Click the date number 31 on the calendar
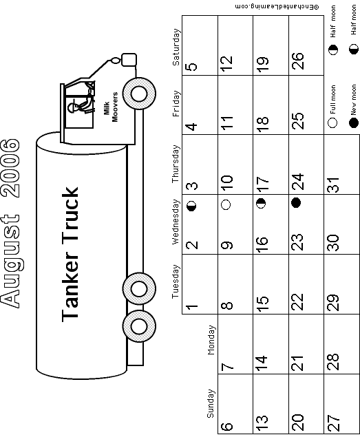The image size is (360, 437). [333, 184]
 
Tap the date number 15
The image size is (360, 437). [262, 303]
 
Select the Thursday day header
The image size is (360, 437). [176, 164]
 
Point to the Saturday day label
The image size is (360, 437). [176, 47]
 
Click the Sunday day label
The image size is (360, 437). [211, 403]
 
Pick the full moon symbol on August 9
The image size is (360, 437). [226, 204]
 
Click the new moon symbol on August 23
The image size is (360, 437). [296, 202]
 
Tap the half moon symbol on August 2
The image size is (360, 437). [191, 206]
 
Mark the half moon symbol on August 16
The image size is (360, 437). [261, 203]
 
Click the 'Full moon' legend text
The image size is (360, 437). [332, 100]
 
